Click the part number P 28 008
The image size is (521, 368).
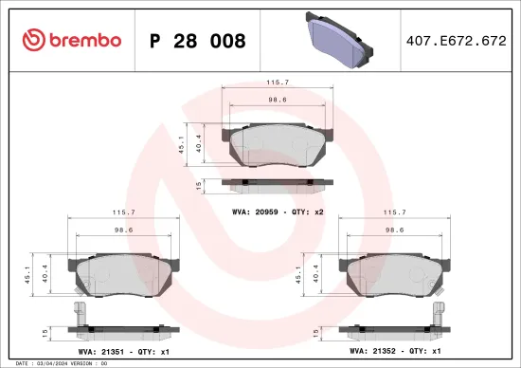pyautogui.click(x=199, y=41)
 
